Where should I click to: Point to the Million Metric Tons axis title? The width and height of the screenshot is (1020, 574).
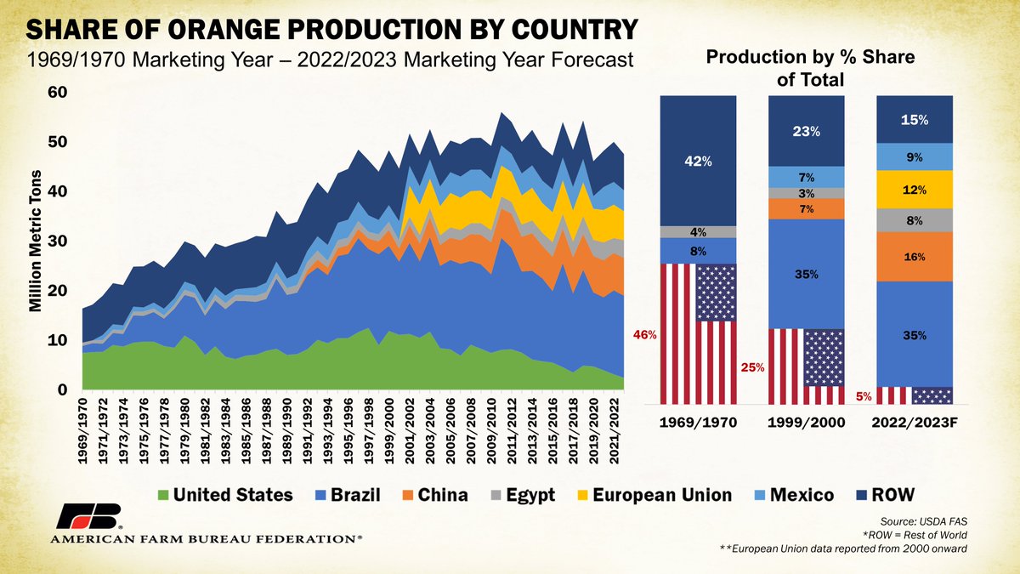[x=37, y=240]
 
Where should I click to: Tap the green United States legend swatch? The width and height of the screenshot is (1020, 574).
[x=161, y=495]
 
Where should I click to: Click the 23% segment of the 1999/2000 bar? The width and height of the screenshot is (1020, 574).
[x=807, y=131]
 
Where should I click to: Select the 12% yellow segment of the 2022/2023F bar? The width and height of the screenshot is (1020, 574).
[x=915, y=188]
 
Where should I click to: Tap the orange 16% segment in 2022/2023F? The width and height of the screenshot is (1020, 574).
[x=915, y=255]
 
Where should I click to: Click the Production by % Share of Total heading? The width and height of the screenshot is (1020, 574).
[x=805, y=67]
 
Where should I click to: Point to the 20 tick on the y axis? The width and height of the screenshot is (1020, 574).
[x=58, y=291]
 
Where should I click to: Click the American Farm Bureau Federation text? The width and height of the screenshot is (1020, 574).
[x=204, y=539]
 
